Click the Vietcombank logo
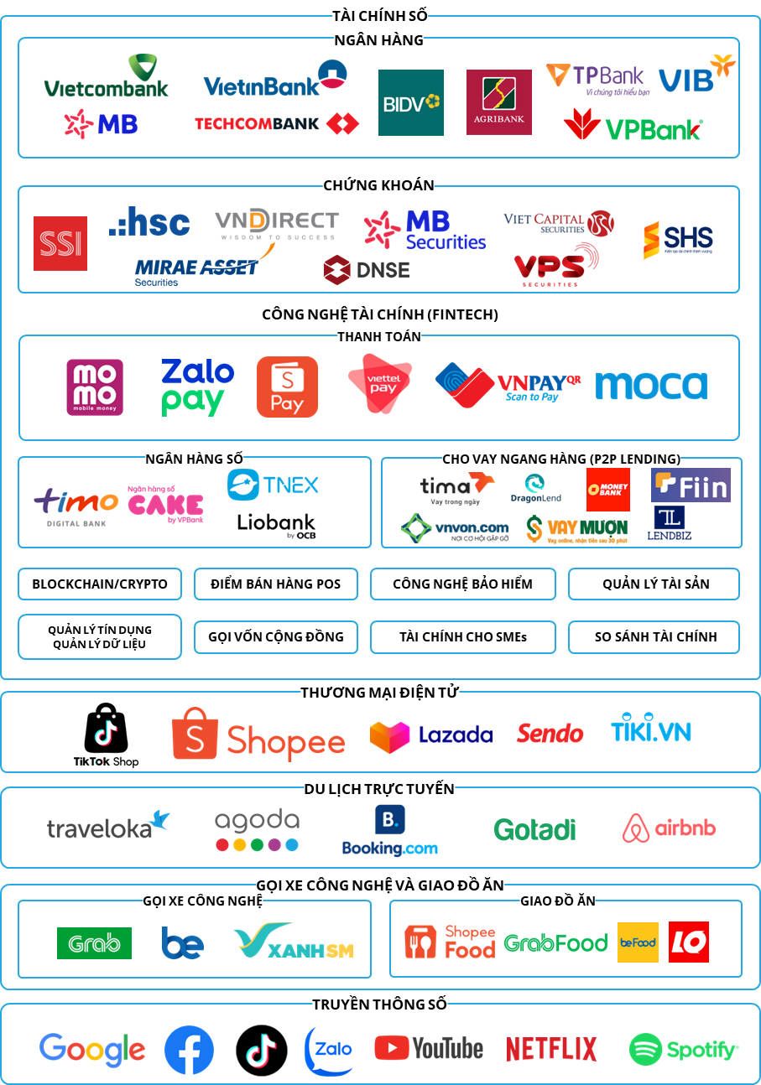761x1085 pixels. pyautogui.click(x=106, y=77)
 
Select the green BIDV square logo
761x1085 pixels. pyautogui.click(x=410, y=102)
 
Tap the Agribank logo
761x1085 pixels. pyautogui.click(x=498, y=102)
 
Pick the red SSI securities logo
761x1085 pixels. pyautogui.click(x=60, y=243)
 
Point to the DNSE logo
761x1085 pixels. pyautogui.click(x=367, y=269)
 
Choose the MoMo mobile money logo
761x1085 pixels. pyautogui.click(x=95, y=387)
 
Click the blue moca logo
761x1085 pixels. pyautogui.click(x=651, y=385)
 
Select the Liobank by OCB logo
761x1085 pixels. pyautogui.click(x=276, y=526)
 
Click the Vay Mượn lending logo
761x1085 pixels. pyautogui.click(x=584, y=529)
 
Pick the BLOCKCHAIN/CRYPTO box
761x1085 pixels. pyautogui.click(x=100, y=584)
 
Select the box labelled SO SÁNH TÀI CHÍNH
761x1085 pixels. pyautogui.click(x=655, y=636)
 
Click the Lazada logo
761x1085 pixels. pyautogui.click(x=431, y=735)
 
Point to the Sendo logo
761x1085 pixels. pyautogui.click(x=550, y=734)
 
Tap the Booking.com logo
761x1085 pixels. pyautogui.click(x=389, y=830)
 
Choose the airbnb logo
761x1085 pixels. pyautogui.click(x=669, y=828)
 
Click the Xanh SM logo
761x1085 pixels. pyautogui.click(x=294, y=942)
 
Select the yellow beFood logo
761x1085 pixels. pyautogui.click(x=638, y=942)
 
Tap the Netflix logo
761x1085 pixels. pyautogui.click(x=551, y=1049)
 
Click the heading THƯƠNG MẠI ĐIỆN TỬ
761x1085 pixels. pyautogui.click(x=380, y=692)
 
